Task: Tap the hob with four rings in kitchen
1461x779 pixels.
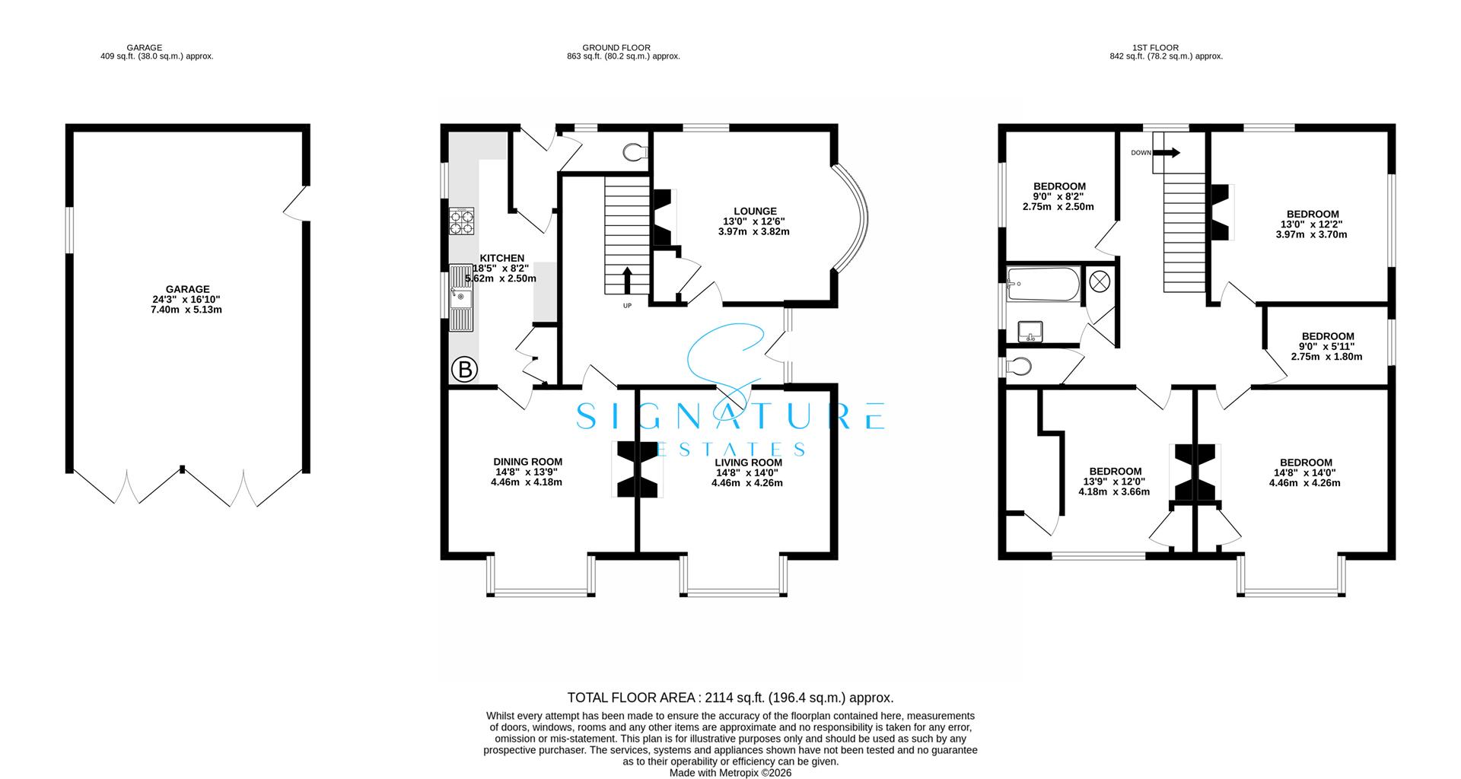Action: [462, 221]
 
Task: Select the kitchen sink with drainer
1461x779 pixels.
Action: [461, 297]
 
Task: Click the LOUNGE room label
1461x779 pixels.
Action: [755, 211]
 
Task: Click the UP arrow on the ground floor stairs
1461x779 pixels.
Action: [627, 280]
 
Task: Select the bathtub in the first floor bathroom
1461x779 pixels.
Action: [1042, 284]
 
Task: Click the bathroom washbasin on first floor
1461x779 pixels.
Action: [1030, 331]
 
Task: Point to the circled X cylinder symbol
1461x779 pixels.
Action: [1100, 281]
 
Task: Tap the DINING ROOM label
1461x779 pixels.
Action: [527, 462]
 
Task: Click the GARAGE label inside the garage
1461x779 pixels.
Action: [187, 289]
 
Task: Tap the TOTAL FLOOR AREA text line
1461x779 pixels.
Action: [730, 697]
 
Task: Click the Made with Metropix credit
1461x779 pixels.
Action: [730, 772]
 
